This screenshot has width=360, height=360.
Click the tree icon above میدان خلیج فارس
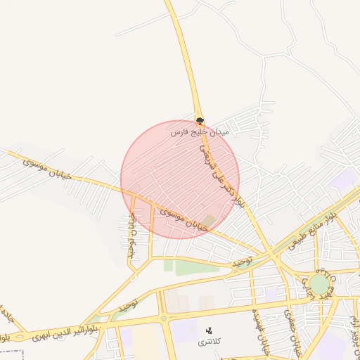(200, 120)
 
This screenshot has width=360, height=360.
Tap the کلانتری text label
(208, 341)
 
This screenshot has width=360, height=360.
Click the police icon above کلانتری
(208, 330)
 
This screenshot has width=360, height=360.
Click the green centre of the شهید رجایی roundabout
(319, 284)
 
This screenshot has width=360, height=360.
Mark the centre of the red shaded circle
(180, 179)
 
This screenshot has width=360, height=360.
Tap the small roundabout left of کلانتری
(163, 319)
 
